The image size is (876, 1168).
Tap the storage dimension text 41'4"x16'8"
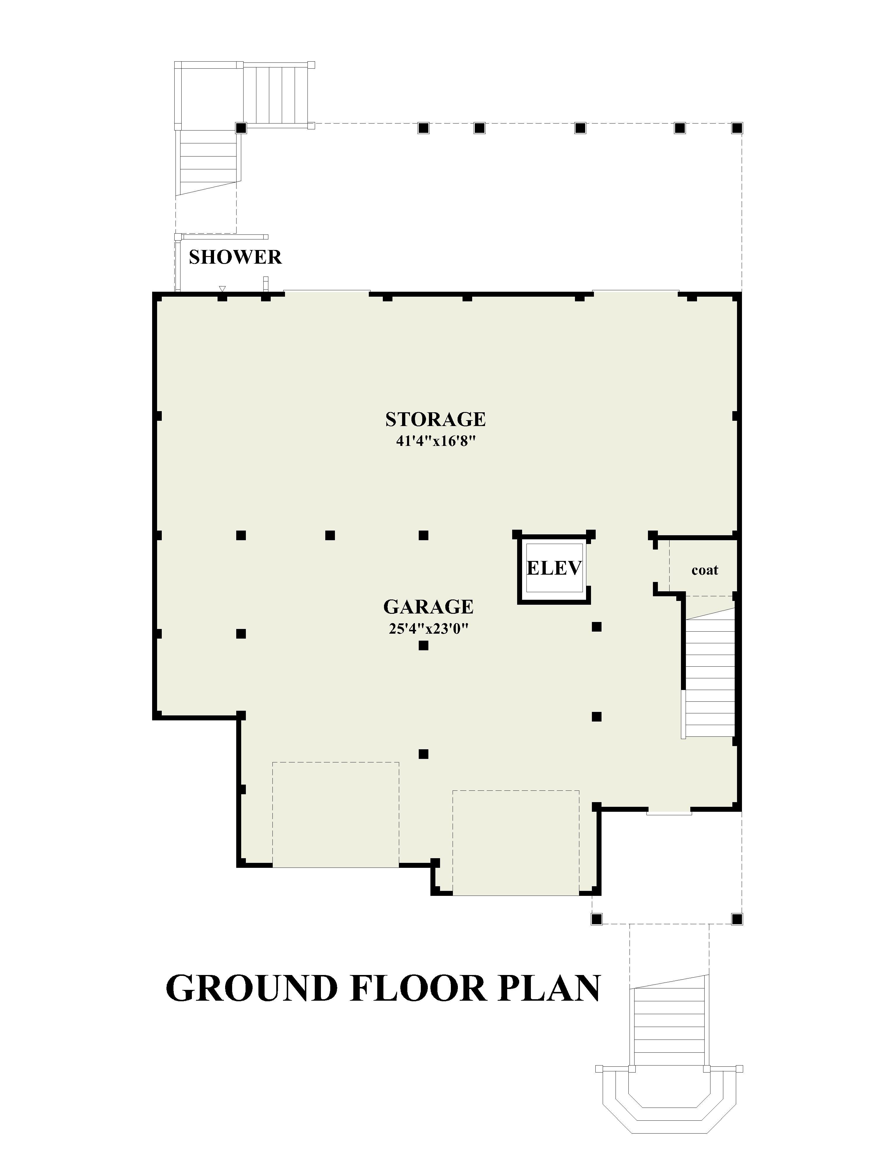click(x=436, y=441)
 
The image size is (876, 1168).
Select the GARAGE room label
click(x=428, y=607)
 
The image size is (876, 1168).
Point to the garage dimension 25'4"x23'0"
click(x=428, y=629)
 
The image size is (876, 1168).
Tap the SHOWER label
click(x=235, y=257)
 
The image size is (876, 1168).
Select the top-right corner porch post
click(x=737, y=128)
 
